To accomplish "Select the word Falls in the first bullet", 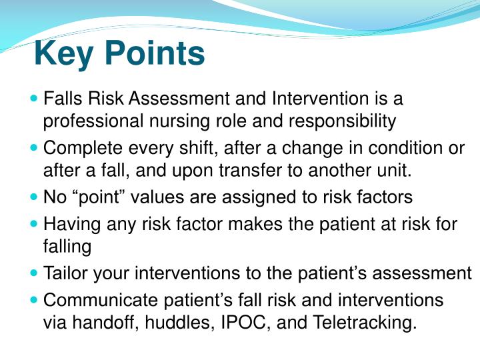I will [x=61, y=99].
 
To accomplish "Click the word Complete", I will [x=77, y=148].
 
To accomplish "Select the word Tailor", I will [x=64, y=273].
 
